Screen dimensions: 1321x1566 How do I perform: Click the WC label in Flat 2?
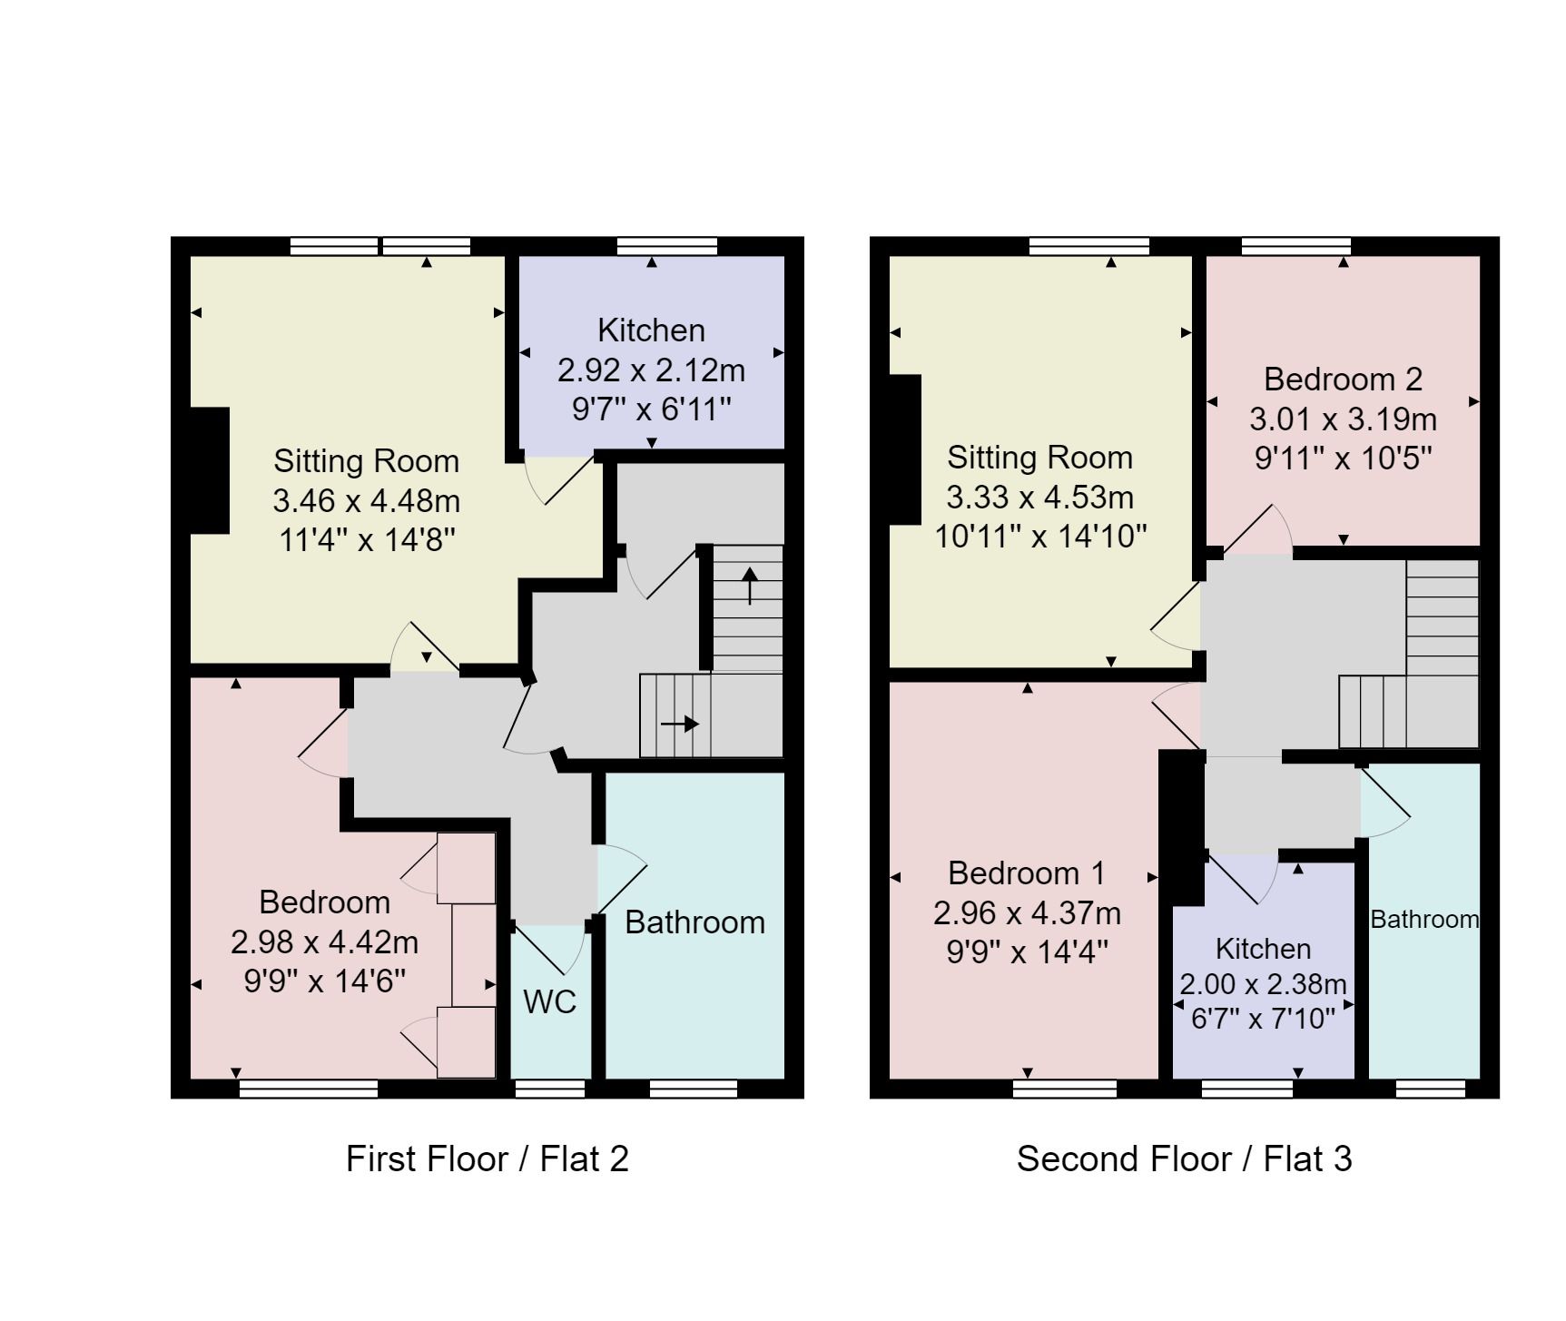(550, 1001)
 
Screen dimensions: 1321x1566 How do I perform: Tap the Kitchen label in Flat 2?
(651, 330)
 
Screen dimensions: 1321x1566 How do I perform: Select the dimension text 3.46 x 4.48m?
(366, 500)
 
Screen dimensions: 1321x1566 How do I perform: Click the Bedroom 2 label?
(1343, 379)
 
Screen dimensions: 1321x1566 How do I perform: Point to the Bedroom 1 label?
(1027, 872)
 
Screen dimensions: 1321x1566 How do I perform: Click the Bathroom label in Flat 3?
(1423, 919)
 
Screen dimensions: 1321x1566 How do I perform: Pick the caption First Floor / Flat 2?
(487, 1158)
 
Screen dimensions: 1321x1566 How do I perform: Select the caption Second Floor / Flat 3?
(1184, 1158)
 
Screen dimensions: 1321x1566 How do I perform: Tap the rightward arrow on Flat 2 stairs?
(680, 724)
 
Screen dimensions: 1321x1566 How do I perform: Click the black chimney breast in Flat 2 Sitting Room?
(210, 470)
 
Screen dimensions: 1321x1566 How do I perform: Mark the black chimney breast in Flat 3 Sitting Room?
(905, 449)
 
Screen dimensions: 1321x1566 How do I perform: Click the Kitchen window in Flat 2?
(667, 246)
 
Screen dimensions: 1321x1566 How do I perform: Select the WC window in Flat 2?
(550, 1089)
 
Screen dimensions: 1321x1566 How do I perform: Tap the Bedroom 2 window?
(1295, 246)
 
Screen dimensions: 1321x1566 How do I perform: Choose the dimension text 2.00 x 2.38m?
(1263, 984)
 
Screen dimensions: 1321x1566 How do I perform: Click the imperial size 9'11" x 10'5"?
(1343, 458)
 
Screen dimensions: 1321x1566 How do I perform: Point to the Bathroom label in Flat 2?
(694, 922)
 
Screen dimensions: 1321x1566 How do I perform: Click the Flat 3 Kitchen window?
(1246, 1089)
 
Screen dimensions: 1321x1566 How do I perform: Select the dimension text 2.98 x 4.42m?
(324, 941)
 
